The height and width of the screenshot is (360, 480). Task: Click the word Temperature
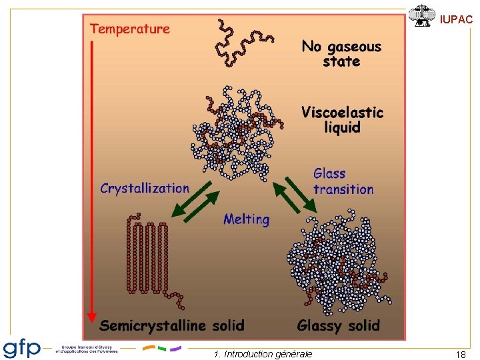pos(130,29)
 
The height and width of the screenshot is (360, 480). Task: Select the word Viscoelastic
pos(342,112)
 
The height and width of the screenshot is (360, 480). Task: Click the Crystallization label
pos(145,188)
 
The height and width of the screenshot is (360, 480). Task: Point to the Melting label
pos(247,219)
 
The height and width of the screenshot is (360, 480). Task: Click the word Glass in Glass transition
pos(329,174)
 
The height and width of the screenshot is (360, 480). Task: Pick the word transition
pos(343,189)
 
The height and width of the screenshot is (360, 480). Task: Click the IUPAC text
pos(456,20)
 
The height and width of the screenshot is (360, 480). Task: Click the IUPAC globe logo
pos(421,16)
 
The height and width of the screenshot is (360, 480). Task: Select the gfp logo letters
pos(22,348)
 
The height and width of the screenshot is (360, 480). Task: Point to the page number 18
pos(460,355)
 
